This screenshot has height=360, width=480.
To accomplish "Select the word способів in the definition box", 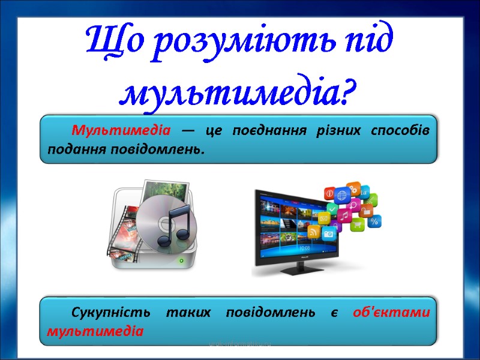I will (x=400, y=131).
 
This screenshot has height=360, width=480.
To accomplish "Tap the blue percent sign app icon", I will (x=374, y=222).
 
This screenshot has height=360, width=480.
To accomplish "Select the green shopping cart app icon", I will (x=358, y=226).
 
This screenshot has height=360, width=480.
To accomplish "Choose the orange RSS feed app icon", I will (x=313, y=230).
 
